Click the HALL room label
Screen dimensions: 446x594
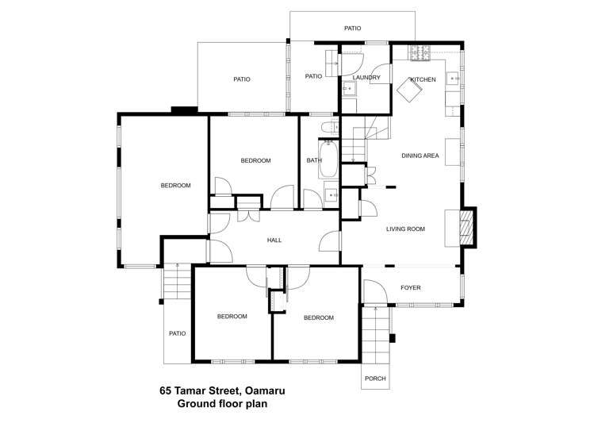pos(274,240)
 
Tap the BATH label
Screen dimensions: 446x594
pos(314,160)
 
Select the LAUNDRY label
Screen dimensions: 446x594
pos(366,77)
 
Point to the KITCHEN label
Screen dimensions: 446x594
pos(423,79)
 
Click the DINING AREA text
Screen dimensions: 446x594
pos(420,156)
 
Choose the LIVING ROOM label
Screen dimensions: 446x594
pos(405,229)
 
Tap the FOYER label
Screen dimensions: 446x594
pos(410,287)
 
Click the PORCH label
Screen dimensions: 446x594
pos(375,379)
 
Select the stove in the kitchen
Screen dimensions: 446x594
pos(420,54)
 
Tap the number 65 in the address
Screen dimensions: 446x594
pos(166,390)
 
